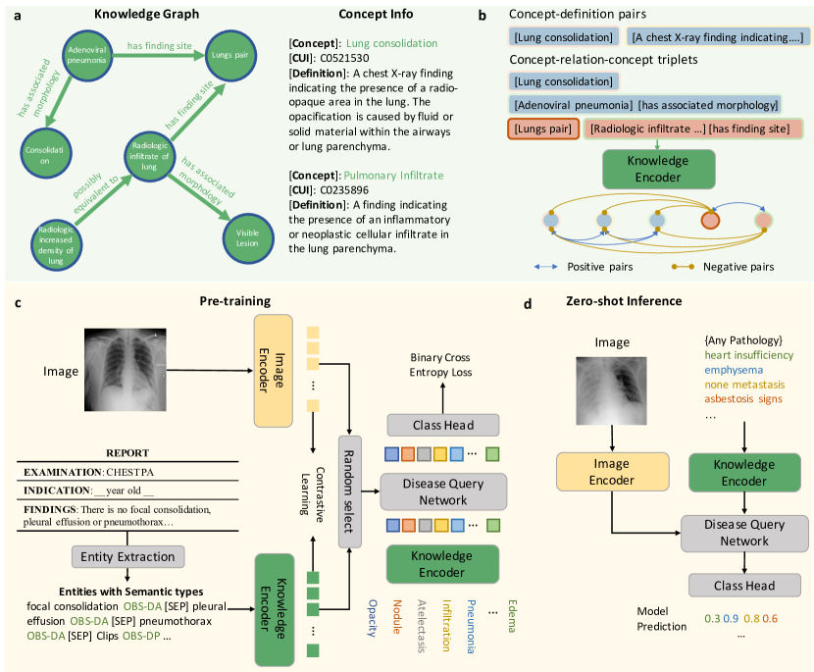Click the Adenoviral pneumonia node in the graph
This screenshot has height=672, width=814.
[93, 60]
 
